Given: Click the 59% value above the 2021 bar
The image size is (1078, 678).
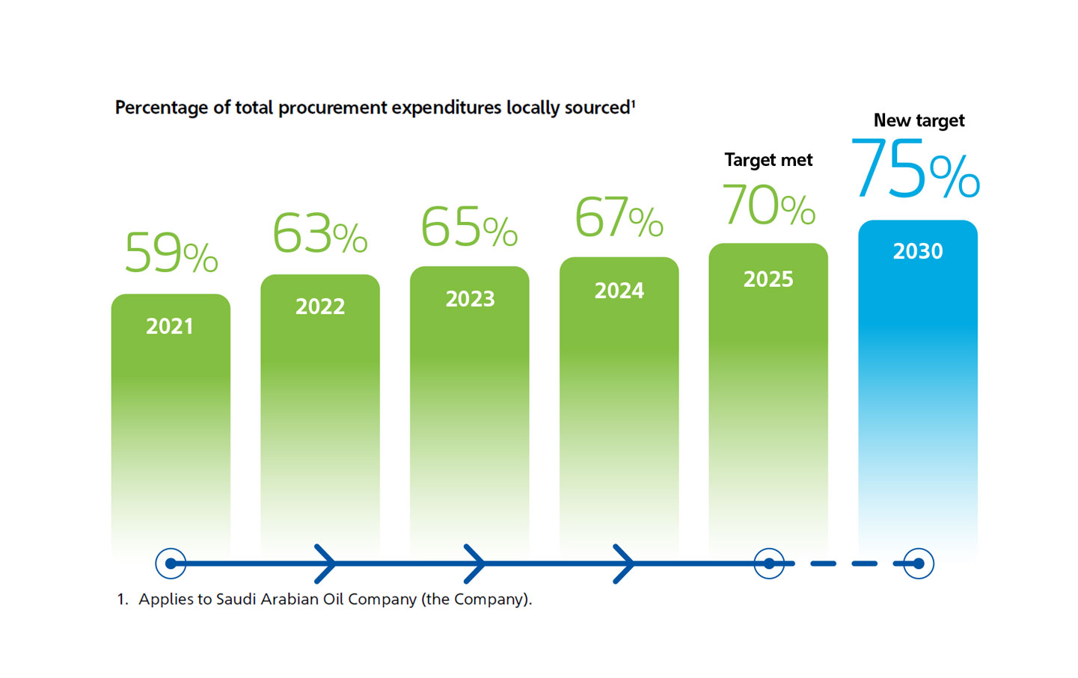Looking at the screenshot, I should click(171, 253).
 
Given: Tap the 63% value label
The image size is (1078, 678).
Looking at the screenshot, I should click(319, 233).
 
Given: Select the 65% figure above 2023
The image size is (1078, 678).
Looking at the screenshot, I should click(469, 226).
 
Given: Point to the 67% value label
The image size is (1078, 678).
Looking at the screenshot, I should click(619, 218).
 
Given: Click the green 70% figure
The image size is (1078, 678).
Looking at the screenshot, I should click(768, 205).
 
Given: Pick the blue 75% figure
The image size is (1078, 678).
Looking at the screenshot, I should click(915, 170).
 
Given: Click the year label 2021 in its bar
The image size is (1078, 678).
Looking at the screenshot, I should click(170, 327).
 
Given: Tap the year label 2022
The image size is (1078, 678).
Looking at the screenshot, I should click(320, 306).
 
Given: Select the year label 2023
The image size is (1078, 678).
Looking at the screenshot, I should click(470, 299).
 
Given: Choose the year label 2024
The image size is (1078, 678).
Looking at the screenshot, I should click(619, 291).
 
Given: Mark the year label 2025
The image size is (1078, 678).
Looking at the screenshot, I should click(768, 280).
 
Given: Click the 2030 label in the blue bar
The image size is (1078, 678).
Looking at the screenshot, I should click(918, 251).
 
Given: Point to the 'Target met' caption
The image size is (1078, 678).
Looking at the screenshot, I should click(768, 160).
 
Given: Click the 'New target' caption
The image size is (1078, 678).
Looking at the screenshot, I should click(919, 120).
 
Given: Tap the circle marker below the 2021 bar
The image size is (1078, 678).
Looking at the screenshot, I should click(171, 564).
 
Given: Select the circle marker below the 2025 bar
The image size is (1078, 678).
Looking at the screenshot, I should click(769, 564).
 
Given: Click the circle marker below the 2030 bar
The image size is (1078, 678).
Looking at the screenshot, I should click(919, 564).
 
